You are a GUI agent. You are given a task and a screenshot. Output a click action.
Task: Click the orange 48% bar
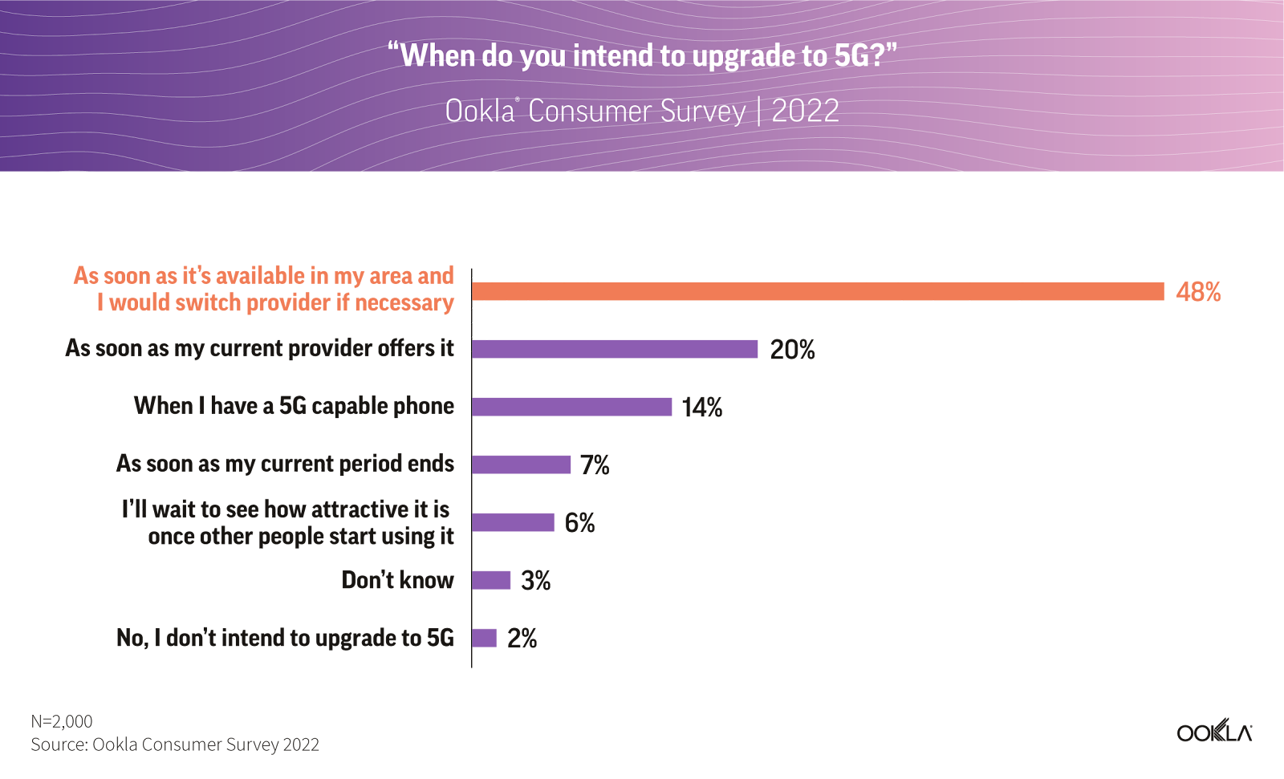[817, 291]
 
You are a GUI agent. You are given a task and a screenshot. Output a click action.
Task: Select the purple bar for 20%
[615, 349]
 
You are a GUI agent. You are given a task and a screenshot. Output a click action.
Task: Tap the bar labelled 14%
[571, 407]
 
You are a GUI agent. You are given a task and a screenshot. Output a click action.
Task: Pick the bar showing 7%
[521, 465]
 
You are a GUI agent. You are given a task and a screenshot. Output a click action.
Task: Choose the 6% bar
[513, 522]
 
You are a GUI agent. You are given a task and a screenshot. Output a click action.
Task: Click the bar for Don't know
[491, 580]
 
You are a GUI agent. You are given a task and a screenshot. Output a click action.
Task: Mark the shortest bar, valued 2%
[484, 638]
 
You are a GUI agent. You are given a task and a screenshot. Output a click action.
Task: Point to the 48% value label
[1198, 291]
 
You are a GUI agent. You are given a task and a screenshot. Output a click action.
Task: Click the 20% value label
[792, 350]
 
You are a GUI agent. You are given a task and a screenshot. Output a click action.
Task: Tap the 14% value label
[701, 408]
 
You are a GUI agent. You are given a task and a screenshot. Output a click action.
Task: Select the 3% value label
[535, 581]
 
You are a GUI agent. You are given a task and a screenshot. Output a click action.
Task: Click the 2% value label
[522, 639]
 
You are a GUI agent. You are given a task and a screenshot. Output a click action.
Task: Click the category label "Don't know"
[397, 580]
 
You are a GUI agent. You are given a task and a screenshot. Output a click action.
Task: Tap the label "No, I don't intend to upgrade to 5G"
[285, 638]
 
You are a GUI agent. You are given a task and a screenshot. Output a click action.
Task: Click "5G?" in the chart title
[863, 55]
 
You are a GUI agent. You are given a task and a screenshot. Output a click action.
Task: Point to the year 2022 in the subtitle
[805, 111]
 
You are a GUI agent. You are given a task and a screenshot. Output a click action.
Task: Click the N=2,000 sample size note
[62, 721]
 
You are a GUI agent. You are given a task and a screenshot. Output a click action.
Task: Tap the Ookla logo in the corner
[1213, 732]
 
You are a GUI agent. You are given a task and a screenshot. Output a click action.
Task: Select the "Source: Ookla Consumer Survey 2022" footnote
[175, 745]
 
